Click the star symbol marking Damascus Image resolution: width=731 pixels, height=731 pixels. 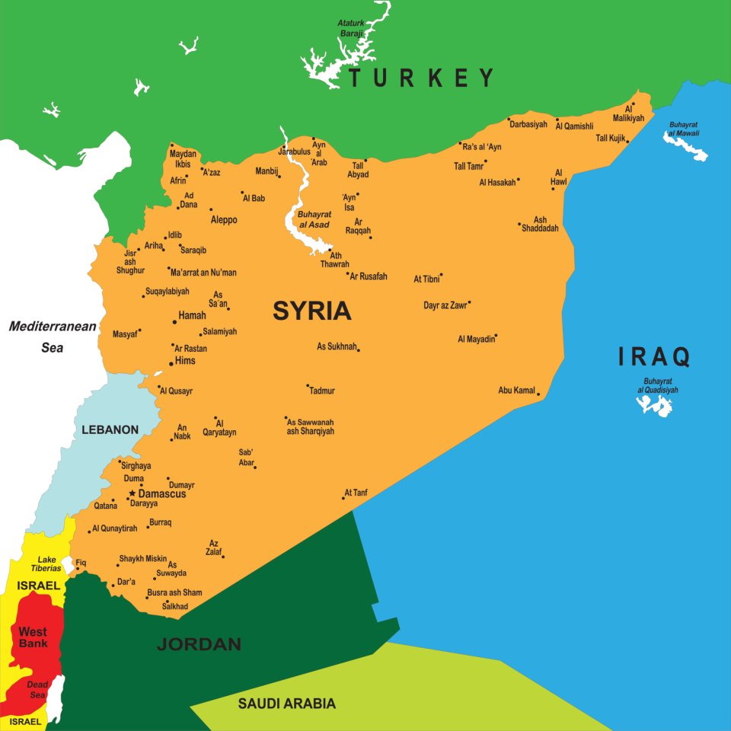tap(132, 493)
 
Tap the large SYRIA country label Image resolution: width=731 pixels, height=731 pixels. tap(312, 311)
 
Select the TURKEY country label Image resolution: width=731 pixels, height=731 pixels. tap(421, 78)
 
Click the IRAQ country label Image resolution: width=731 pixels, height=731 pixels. tap(653, 356)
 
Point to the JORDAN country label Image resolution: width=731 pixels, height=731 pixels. tap(199, 644)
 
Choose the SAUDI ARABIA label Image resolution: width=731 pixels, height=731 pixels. tap(286, 704)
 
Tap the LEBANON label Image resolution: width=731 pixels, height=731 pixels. tap(110, 429)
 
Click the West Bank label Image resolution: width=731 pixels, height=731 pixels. tap(33, 637)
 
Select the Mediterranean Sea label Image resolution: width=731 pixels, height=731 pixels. tap(53, 337)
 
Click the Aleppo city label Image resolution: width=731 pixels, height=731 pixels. tap(224, 220)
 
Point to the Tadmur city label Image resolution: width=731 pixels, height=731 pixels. tap(322, 391)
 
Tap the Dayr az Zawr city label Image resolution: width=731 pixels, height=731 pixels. tap(445, 305)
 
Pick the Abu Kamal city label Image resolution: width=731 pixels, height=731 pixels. tap(516, 391)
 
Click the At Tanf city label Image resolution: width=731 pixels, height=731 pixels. tap(356, 493)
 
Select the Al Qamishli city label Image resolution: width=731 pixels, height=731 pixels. tap(575, 126)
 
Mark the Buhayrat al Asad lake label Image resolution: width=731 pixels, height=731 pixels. tap(313, 219)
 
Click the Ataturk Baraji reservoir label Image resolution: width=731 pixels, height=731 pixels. tap(352, 28)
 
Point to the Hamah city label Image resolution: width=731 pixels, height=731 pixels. tap(192, 315)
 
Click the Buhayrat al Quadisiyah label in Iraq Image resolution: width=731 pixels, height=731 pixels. tap(658, 385)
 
